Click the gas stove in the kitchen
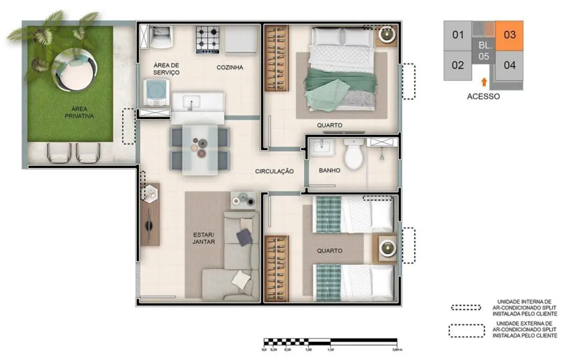pos(208,40)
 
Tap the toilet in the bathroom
pos(353,154)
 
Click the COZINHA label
pos(230,67)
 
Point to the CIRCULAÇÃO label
pos(274,171)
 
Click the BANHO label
pos(329,170)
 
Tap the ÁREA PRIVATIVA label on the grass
pos(79,112)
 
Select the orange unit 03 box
pos(510,35)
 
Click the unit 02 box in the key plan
pos(458,65)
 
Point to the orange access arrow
pos(484,82)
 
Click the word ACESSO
pos(484,96)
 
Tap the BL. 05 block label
pos(484,51)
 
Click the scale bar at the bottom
pos(330,342)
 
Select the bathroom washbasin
pos(321,147)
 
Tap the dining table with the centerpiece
pos(200,149)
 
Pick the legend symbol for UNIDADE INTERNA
pos(466,308)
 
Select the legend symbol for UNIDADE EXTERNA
pos(467,331)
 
